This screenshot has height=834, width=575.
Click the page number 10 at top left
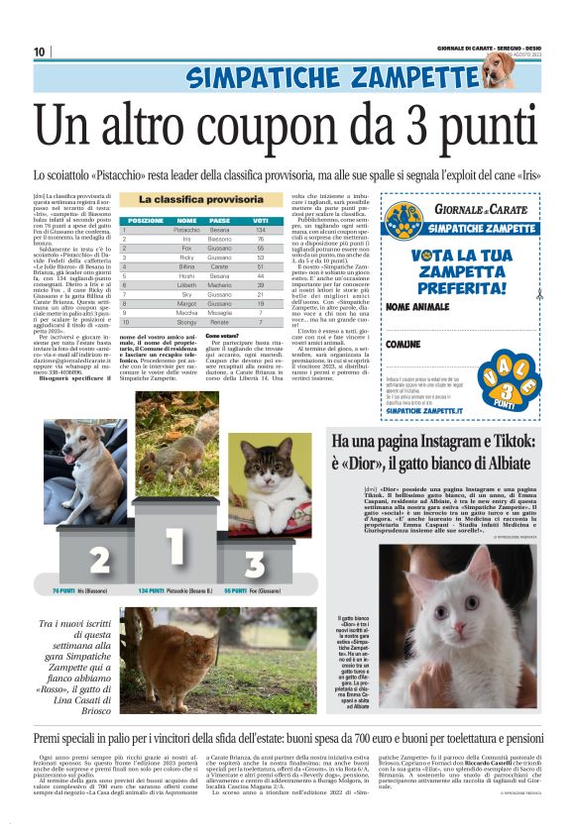pyautogui.click(x=40, y=52)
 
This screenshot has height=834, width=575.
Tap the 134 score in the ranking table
pyautogui.click(x=260, y=230)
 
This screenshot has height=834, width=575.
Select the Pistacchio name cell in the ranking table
pyautogui.click(x=187, y=230)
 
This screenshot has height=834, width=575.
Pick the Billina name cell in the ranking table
pyautogui.click(x=187, y=266)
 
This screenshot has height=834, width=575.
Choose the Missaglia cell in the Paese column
pyautogui.click(x=220, y=312)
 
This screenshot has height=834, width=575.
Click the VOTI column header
pyautogui.click(x=260, y=220)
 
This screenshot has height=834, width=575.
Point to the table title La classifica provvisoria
pyautogui.click(x=201, y=200)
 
